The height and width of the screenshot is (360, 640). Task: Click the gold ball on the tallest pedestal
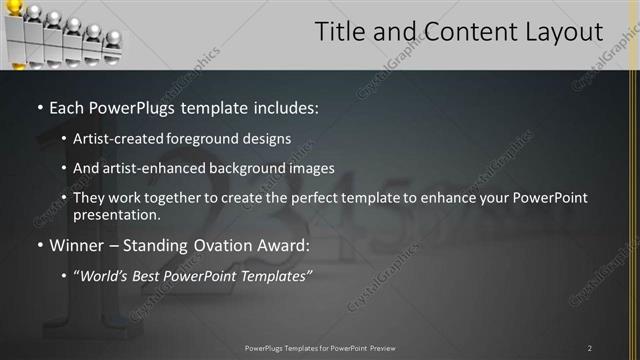(15, 8)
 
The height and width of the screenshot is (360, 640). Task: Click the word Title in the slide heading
(341, 32)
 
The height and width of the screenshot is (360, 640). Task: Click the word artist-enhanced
(153, 169)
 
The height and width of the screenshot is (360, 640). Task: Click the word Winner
(76, 245)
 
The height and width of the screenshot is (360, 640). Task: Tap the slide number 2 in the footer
(590, 348)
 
